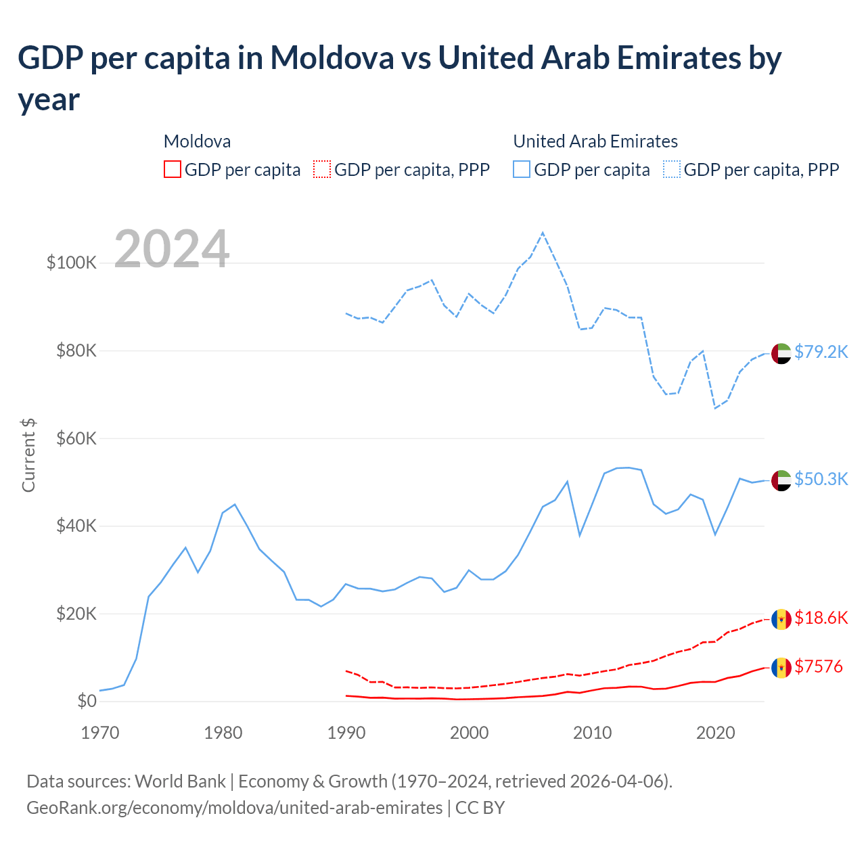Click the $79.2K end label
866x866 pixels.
pos(821,352)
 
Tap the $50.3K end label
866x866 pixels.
pos(821,479)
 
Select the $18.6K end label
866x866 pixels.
pos(821,618)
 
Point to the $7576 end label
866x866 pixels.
pos(818,666)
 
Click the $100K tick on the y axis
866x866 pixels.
pos(72,263)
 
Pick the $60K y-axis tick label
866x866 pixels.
pos(76,438)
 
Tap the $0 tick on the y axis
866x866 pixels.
pos(87,701)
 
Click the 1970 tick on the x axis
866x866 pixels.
pos(100,732)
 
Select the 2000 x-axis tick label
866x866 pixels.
pos(469,732)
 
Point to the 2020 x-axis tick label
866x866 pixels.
pos(715,732)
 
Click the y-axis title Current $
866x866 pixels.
pos(28,455)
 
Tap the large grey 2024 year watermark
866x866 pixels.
pos(172,249)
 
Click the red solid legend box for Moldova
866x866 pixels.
pos(173,169)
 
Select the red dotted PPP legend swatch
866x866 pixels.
pos(322,169)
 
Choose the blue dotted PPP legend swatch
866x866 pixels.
pos(672,169)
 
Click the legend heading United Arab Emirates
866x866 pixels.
pos(595,141)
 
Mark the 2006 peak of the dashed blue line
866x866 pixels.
pos(543,233)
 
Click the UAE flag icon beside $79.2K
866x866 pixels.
pos(781,353)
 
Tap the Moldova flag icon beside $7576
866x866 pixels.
pos(781,668)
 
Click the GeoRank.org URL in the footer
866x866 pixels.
pos(234,808)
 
